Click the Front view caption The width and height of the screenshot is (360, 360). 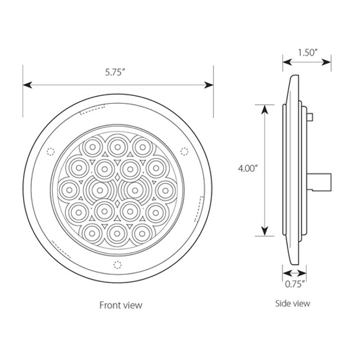(121, 306)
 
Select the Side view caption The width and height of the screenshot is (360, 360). (292, 303)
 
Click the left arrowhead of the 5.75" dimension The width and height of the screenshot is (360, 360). (27, 85)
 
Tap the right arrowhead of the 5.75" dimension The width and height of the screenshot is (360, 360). (210, 85)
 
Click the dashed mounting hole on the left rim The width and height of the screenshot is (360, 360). (50, 149)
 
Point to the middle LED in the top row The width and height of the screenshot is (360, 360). (117, 144)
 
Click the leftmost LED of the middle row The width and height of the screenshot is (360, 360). (69, 189)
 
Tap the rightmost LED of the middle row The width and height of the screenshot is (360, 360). (164, 189)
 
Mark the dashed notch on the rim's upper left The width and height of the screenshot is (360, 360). (91, 109)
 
